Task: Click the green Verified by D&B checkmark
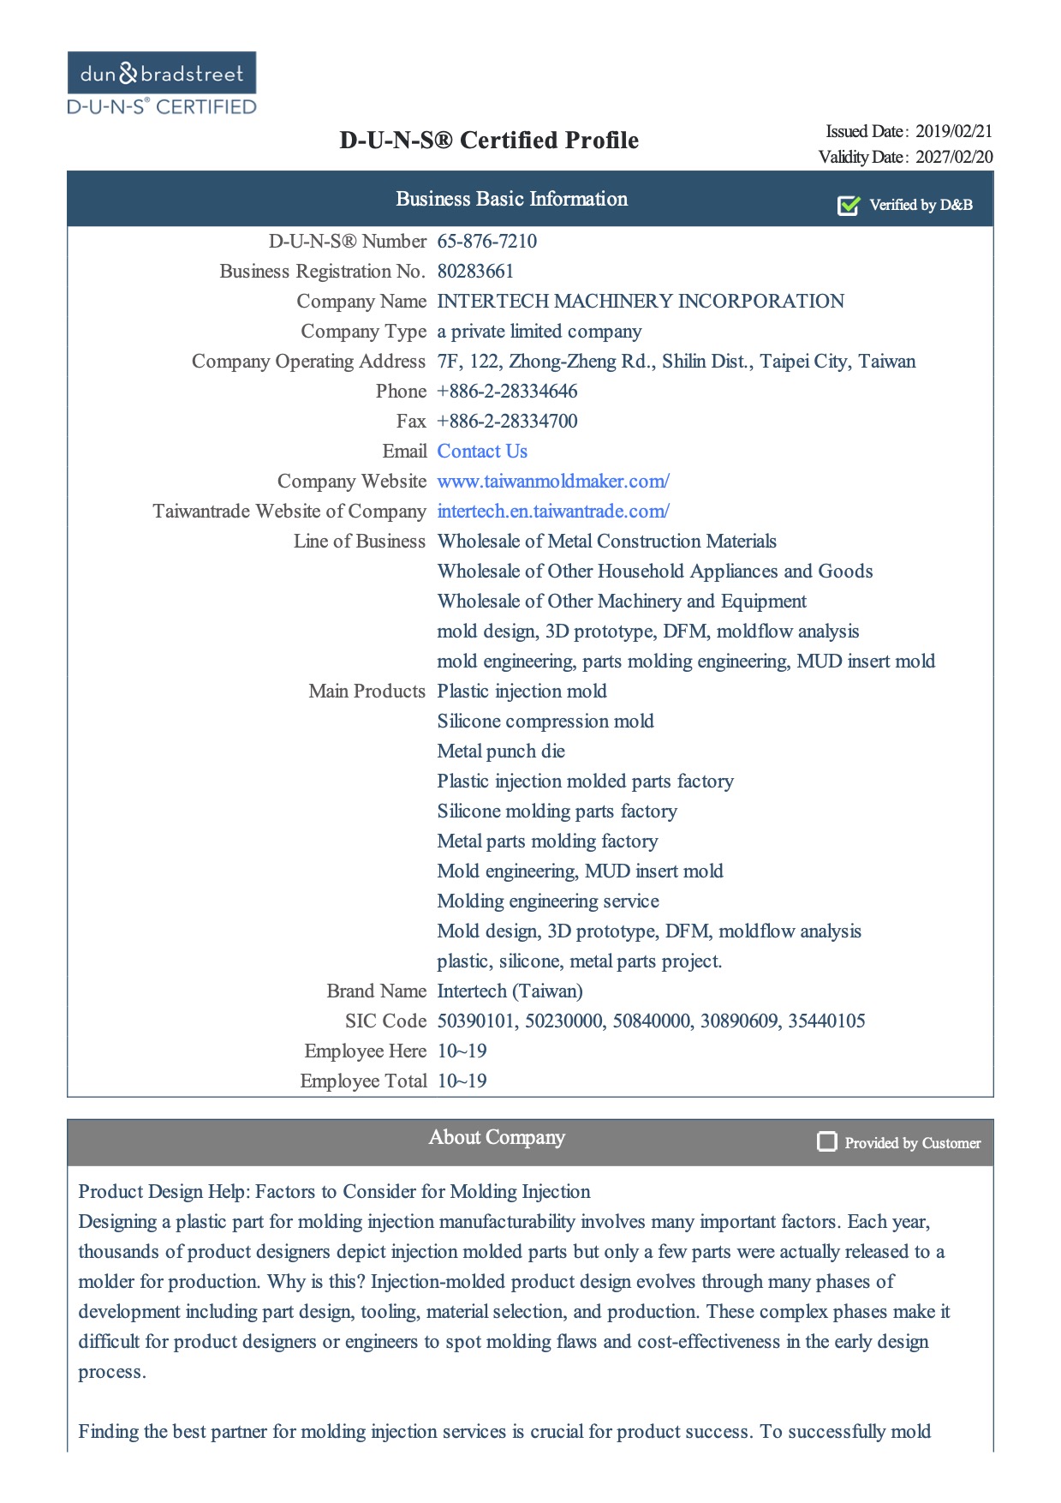pyautogui.click(x=848, y=206)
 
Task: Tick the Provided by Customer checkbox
pyautogui.click(x=826, y=1141)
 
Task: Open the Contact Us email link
pyautogui.click(x=482, y=452)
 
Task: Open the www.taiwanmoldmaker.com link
pyautogui.click(x=553, y=482)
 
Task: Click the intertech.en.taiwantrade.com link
pyautogui.click(x=553, y=512)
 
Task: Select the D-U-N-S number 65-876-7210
pyautogui.click(x=487, y=242)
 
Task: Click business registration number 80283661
pyautogui.click(x=475, y=272)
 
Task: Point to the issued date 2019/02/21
pyautogui.click(x=954, y=131)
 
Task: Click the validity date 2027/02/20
pyautogui.click(x=954, y=157)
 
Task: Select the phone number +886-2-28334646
pyautogui.click(x=507, y=392)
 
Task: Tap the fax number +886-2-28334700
pyautogui.click(x=507, y=422)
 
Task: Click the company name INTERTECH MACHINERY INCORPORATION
pyautogui.click(x=641, y=302)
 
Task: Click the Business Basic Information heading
pyautogui.click(x=511, y=199)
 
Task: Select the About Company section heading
pyautogui.click(x=497, y=1137)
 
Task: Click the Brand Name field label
pyautogui.click(x=376, y=991)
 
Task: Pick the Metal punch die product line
pyautogui.click(x=501, y=751)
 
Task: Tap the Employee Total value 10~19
pyautogui.click(x=462, y=1081)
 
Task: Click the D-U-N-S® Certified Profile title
pyautogui.click(x=489, y=141)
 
